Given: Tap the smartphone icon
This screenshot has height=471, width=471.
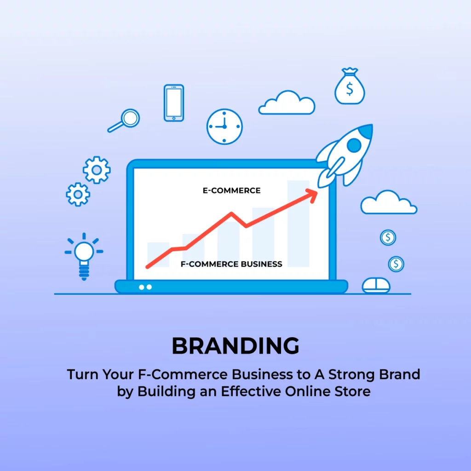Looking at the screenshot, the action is [173, 103].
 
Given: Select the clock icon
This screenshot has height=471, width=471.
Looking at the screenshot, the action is [224, 126].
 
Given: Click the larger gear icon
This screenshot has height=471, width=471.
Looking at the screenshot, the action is [97, 170].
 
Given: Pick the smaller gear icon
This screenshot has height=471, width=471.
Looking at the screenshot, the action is [78, 195].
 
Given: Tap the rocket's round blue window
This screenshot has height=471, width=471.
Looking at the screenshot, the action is [354, 145].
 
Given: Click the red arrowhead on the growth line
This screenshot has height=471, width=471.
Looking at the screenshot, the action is [312, 195].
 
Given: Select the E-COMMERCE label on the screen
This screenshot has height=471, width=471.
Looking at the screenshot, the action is [232, 190].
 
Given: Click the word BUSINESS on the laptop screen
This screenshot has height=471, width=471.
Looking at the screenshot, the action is [261, 264].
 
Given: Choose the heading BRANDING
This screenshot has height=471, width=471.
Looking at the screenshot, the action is [235, 346].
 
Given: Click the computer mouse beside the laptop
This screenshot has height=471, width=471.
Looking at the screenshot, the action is [376, 285].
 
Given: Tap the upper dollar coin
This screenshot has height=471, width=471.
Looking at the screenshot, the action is [388, 238].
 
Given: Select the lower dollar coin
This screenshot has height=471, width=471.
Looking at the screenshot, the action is [396, 264].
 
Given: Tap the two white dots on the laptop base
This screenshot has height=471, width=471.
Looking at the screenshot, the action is [145, 287].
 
